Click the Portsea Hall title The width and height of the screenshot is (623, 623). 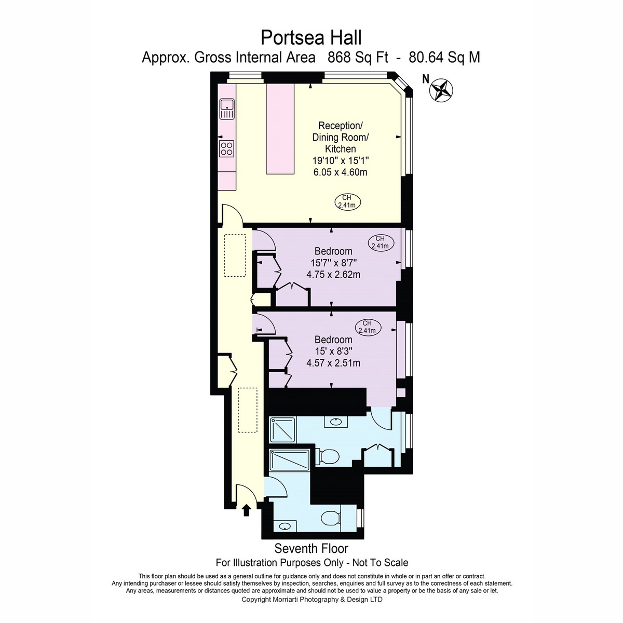coord(311,38)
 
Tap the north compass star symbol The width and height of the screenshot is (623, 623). coord(441,90)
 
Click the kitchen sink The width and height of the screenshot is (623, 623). coord(227,109)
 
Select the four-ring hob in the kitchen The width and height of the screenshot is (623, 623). coord(227,148)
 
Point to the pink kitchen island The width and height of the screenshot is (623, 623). coord(280,129)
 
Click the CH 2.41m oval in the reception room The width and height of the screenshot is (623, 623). coord(347,201)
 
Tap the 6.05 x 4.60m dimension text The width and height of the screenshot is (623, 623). coord(340,172)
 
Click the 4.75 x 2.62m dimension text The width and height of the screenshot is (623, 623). coord(333,275)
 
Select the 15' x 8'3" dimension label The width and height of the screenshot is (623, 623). coord(333,351)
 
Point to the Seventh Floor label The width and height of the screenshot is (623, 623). coord(311,549)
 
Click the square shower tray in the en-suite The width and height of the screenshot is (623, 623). coord(283,430)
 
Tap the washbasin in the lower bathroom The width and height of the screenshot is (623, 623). coord(285,525)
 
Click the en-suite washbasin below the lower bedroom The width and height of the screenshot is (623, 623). coord(336,422)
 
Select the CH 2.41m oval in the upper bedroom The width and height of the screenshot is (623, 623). coord(381,242)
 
